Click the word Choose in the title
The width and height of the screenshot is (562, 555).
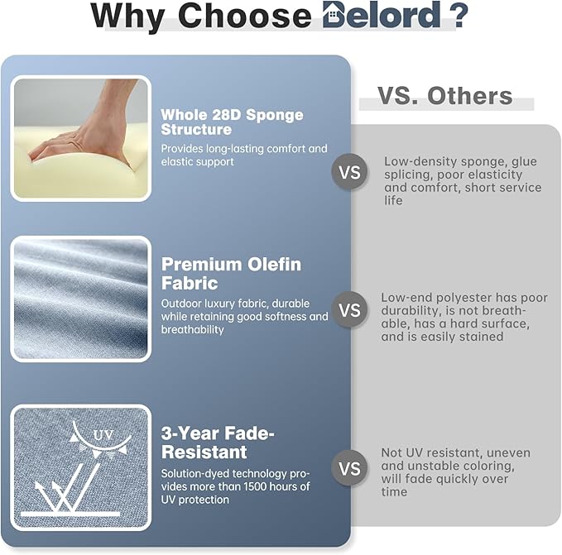(x=244, y=16)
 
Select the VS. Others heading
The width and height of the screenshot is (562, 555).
(x=444, y=96)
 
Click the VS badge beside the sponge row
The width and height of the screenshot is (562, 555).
(x=349, y=172)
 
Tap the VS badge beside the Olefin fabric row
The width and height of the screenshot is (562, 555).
(x=349, y=309)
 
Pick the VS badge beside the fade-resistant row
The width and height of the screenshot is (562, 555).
(x=349, y=468)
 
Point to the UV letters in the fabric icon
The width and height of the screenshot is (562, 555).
(x=103, y=435)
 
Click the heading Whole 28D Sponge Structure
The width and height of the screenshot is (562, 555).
(x=232, y=122)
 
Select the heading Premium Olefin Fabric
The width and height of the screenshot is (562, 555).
(x=231, y=274)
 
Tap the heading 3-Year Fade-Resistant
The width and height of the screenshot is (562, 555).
(x=218, y=443)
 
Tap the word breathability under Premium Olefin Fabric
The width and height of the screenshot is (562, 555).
(x=193, y=330)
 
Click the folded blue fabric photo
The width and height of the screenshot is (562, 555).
(x=80, y=299)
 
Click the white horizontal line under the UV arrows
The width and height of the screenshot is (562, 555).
(x=70, y=514)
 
